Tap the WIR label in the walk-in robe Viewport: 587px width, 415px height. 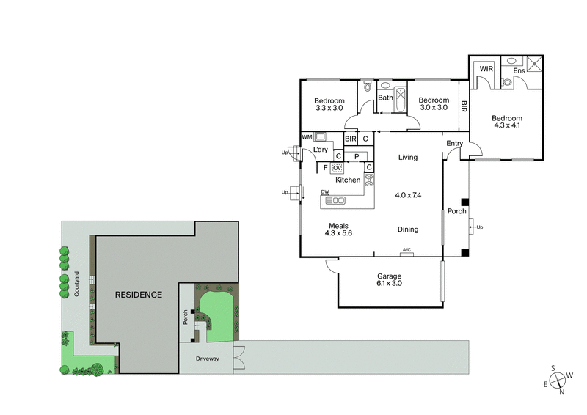[x=486, y=69]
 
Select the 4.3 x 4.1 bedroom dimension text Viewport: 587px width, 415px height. [x=506, y=127]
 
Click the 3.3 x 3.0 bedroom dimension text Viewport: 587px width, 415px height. [x=329, y=108]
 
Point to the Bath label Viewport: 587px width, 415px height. [x=385, y=98]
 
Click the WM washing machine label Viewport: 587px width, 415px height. [x=306, y=137]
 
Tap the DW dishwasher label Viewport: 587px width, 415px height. [x=324, y=193]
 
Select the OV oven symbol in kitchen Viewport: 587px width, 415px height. [x=338, y=168]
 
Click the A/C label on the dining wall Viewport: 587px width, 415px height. [x=406, y=251]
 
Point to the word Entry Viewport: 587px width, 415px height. [x=455, y=143]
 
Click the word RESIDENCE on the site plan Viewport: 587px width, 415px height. [x=138, y=295]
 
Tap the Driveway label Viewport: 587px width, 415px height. [x=206, y=359]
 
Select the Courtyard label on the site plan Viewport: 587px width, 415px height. [x=76, y=284]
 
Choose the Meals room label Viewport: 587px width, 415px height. [x=338, y=225]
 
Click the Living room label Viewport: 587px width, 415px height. [x=408, y=158]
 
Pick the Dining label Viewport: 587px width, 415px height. [x=408, y=229]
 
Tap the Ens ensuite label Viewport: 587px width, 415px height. [x=519, y=70]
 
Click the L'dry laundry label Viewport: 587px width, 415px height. [x=321, y=150]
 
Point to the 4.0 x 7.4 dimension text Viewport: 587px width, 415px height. [x=409, y=195]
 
